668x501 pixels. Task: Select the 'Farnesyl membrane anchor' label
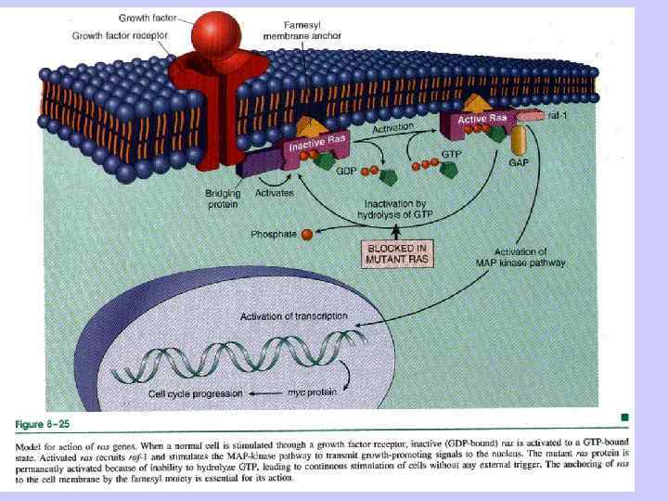tap(302, 31)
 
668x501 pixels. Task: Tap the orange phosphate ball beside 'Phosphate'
tap(307, 235)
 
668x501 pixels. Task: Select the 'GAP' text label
tap(519, 162)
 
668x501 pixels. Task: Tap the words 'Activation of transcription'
tap(294, 317)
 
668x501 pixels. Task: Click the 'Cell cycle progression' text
tap(196, 393)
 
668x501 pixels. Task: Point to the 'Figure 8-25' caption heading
tap(43, 424)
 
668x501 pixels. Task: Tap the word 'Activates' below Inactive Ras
tap(275, 192)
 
